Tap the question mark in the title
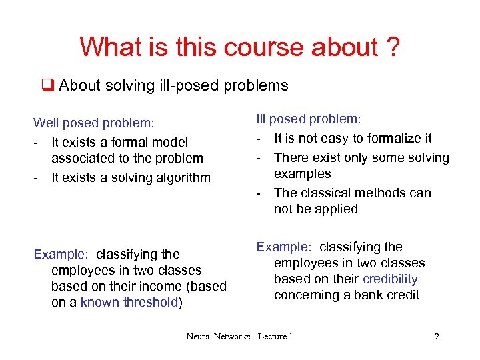[x=391, y=47]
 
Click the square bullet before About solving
[x=47, y=85]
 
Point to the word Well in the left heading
[x=46, y=123]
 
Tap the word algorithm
[x=181, y=177]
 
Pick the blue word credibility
[x=390, y=279]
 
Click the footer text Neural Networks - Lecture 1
[x=239, y=337]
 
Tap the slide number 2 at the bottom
[x=437, y=337]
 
